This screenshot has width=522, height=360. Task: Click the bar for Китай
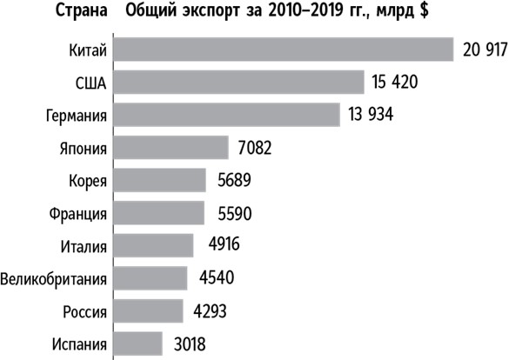284,50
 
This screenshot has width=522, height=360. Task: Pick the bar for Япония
171,148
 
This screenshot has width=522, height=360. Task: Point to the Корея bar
160,181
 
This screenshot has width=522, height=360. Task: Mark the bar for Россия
149,311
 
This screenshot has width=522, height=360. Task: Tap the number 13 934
371,116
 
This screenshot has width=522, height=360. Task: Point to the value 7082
255,149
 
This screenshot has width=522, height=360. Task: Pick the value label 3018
190,344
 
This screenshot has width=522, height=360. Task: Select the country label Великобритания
54,279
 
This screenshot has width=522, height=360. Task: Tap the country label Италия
84,246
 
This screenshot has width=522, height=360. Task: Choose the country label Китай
88,50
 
